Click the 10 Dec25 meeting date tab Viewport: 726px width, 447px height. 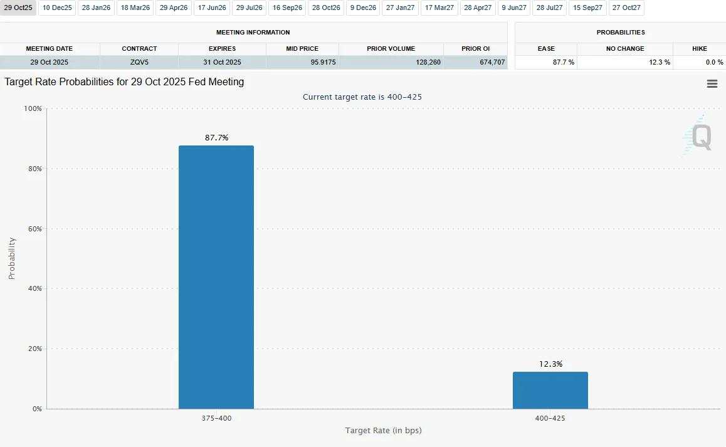pos(57,8)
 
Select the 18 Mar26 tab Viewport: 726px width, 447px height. pos(135,8)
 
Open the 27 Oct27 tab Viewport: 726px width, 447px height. pos(626,8)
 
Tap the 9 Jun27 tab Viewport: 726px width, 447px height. pos(514,8)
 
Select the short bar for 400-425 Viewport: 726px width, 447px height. pos(550,390)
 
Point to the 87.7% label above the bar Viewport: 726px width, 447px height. pos(216,138)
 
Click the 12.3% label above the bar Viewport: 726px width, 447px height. pos(550,364)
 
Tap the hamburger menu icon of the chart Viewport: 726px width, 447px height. pos(712,84)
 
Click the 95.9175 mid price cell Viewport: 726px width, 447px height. pos(302,62)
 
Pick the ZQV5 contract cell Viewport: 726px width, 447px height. pos(139,62)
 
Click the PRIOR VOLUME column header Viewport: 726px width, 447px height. pos(391,48)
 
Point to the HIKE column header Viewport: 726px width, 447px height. pos(699,48)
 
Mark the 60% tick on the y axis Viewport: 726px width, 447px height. pos(34,229)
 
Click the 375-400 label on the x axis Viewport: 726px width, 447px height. pos(216,418)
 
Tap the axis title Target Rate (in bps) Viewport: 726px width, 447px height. pos(383,431)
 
